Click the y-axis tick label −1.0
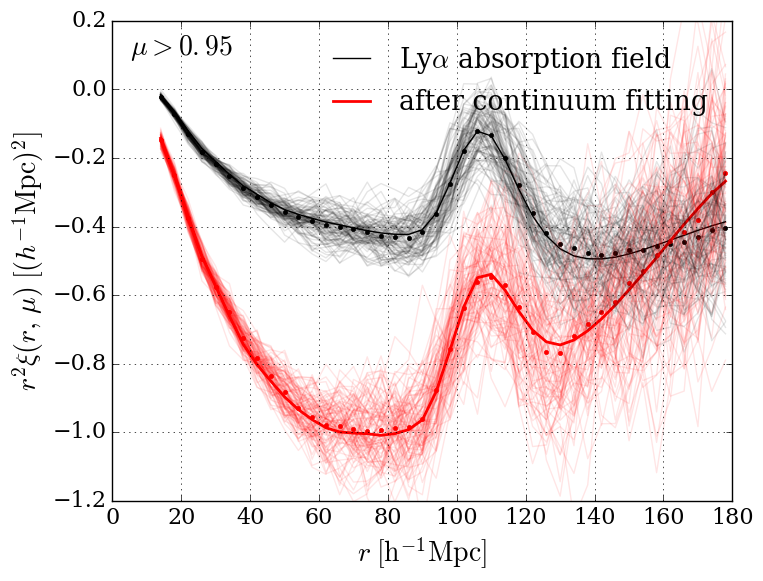click(78, 432)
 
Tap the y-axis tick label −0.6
click(78, 295)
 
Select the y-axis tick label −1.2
click(78, 500)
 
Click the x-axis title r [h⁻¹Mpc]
click(423, 552)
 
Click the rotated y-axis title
click(28, 262)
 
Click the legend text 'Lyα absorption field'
click(535, 59)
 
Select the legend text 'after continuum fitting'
click(553, 101)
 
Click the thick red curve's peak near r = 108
click(486, 273)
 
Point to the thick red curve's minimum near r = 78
click(380, 434)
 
